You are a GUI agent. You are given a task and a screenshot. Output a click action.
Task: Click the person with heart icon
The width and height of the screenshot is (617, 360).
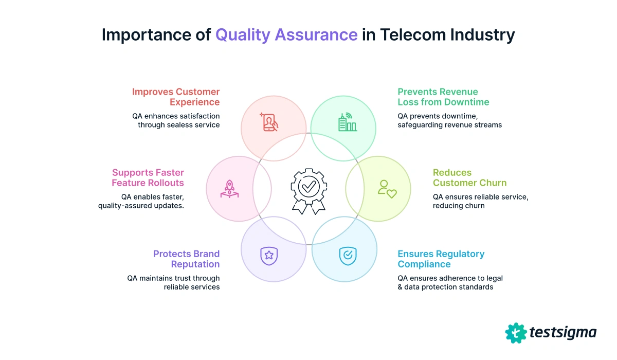coord(387,189)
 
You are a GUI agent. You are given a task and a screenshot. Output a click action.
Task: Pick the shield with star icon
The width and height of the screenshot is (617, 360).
coord(269,255)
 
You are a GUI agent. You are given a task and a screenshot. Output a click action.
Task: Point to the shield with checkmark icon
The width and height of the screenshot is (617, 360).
coord(347,255)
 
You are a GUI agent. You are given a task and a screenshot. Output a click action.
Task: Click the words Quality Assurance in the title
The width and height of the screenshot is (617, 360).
coord(286,34)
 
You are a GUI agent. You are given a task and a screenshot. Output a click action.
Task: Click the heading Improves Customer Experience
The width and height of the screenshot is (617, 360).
coord(176,97)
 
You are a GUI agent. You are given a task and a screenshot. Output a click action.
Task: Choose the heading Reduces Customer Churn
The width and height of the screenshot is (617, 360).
coord(469,178)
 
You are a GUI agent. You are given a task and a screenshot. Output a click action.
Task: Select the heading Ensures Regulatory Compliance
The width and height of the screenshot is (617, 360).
coord(441,259)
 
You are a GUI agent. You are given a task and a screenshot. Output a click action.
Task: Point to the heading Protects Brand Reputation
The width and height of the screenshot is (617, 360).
coord(186,259)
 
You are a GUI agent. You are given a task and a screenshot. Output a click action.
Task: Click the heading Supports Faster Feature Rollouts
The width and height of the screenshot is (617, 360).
coord(148,178)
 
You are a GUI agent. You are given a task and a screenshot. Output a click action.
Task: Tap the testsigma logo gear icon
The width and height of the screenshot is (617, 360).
coord(516,333)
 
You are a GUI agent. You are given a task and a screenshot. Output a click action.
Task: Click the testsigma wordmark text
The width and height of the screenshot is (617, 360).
coord(562,333)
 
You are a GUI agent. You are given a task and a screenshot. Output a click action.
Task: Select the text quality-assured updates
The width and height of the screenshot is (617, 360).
coord(141,206)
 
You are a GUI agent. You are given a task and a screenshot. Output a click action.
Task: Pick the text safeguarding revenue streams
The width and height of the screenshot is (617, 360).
coord(449,124)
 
